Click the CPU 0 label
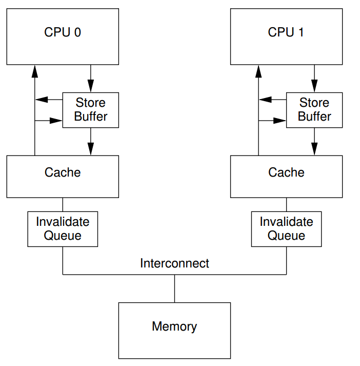pyautogui.click(x=63, y=32)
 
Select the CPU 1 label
pyautogui.click(x=286, y=32)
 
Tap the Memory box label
pyautogui.click(x=174, y=326)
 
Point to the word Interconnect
pyautogui.click(x=174, y=263)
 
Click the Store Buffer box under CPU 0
pyautogui.click(x=91, y=110)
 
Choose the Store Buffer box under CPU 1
pyautogui.click(x=314, y=110)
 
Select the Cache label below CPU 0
pyautogui.click(x=63, y=172)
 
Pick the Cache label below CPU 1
pyautogui.click(x=286, y=172)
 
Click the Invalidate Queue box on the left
pyautogui.click(x=63, y=229)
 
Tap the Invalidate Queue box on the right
pyautogui.click(x=286, y=229)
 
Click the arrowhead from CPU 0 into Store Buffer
pyautogui.click(x=91, y=86)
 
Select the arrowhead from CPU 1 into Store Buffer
pyautogui.click(x=314, y=86)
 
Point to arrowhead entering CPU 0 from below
pyautogui.click(x=35, y=71)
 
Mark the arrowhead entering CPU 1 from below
pyautogui.click(x=258, y=71)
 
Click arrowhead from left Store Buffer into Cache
pyautogui.click(x=91, y=149)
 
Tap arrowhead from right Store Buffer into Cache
pyautogui.click(x=314, y=149)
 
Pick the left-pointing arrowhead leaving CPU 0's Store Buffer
pyautogui.click(x=42, y=100)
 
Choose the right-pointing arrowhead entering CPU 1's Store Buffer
pyautogui.click(x=279, y=121)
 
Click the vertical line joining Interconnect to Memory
pyautogui.click(x=175, y=288)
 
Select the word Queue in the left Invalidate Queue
pyautogui.click(x=63, y=236)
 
